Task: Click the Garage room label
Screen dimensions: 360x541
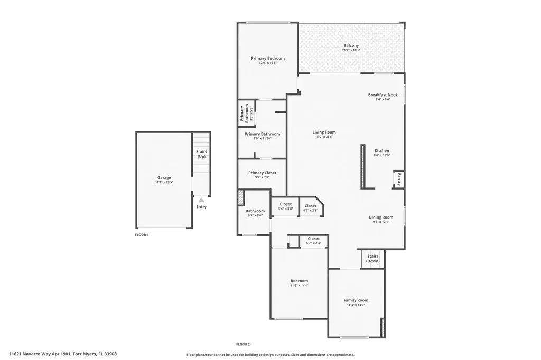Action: (x=164, y=178)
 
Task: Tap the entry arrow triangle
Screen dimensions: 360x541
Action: (x=201, y=200)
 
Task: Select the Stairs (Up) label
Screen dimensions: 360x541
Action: (x=201, y=154)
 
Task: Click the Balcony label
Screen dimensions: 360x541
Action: (x=351, y=46)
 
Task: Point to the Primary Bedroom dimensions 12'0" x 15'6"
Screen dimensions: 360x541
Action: (x=268, y=63)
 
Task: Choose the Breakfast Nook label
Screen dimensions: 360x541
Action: (x=383, y=95)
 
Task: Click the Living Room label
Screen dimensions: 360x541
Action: (x=324, y=132)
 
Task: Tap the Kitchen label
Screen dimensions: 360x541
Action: (x=381, y=151)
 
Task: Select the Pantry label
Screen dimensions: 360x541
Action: (x=399, y=179)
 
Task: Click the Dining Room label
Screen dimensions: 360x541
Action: (x=381, y=217)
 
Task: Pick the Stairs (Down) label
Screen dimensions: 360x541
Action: (x=372, y=259)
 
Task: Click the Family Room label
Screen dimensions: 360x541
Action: (x=356, y=300)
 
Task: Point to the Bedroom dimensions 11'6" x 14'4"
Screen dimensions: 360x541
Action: (x=299, y=286)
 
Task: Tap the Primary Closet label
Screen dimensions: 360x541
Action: (x=262, y=173)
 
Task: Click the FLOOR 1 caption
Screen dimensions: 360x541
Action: (x=142, y=234)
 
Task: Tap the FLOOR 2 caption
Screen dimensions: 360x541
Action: (x=243, y=344)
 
